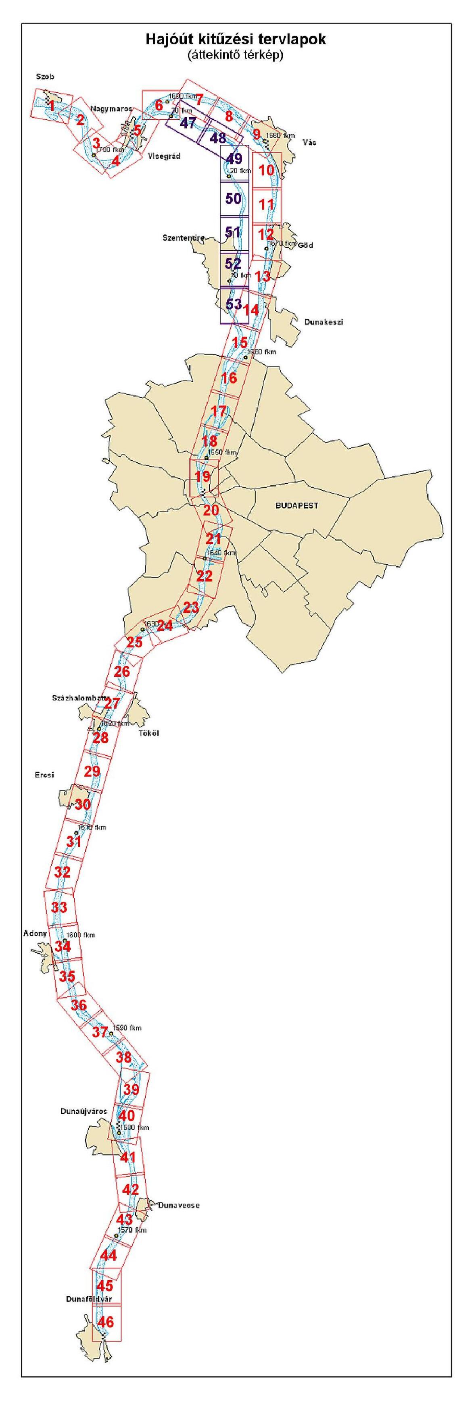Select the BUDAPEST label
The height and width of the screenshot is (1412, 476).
296,505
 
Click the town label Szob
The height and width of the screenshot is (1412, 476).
45,77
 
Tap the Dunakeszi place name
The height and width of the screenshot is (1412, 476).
324,322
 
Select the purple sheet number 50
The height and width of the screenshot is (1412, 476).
234,198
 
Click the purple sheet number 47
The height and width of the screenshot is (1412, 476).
188,123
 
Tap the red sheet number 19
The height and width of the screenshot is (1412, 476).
203,476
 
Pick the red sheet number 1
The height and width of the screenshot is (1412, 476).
52,106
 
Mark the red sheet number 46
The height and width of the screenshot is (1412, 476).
106,1322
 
